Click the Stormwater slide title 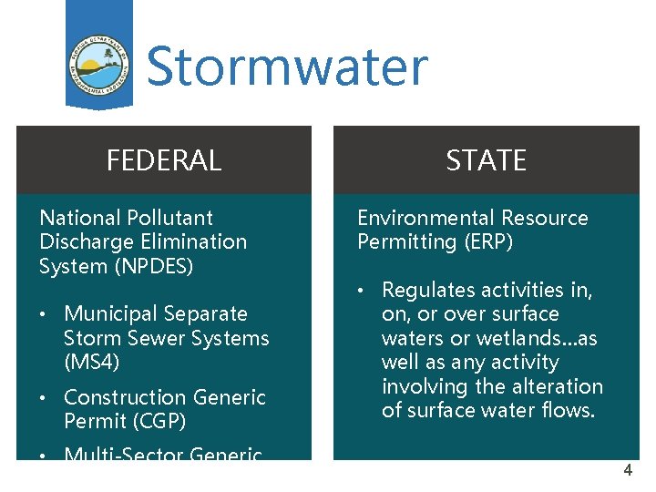[286, 67]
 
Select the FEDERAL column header [164, 160]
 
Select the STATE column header [486, 160]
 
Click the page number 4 [627, 471]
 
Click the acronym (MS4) [91, 362]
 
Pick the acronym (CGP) [152, 421]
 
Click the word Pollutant [170, 218]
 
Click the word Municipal [109, 313]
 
